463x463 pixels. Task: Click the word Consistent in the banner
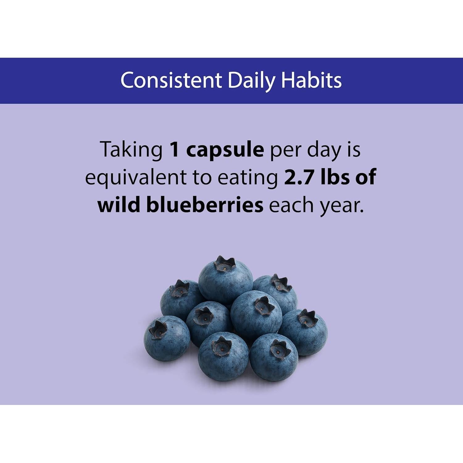pyautogui.click(x=171, y=80)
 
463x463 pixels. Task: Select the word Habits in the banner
pyautogui.click(x=311, y=80)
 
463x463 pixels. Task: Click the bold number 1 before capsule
pyautogui.click(x=175, y=149)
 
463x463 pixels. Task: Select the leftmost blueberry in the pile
pyautogui.click(x=167, y=338)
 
